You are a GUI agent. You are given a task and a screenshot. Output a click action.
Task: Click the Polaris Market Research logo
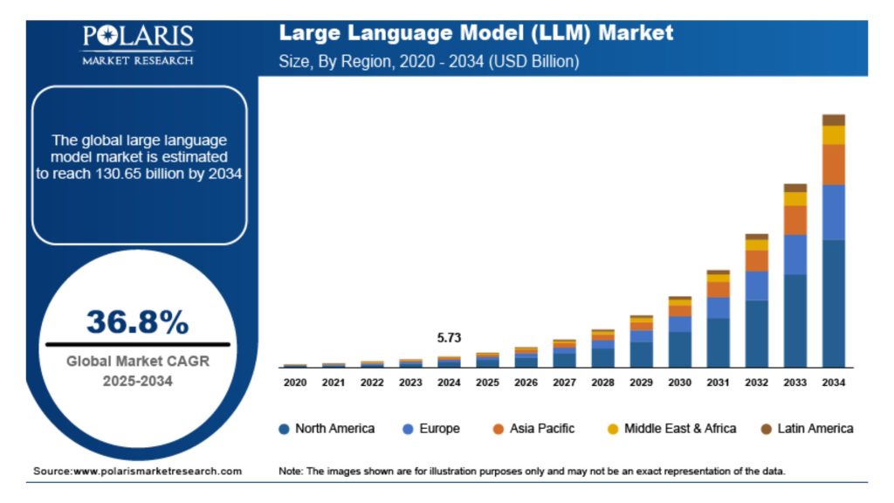[138, 45]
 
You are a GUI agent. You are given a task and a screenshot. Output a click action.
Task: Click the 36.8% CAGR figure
[137, 322]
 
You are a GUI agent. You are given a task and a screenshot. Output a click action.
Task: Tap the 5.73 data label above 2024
[449, 337]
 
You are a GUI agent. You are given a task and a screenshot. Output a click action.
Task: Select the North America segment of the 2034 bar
[834, 302]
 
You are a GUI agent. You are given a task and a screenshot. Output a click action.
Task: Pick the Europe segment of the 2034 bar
[834, 211]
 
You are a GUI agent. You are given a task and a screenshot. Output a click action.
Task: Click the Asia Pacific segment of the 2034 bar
[834, 164]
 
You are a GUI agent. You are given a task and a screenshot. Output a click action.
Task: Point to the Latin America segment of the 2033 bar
[795, 188]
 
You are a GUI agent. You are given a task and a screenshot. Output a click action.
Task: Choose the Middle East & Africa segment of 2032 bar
[757, 245]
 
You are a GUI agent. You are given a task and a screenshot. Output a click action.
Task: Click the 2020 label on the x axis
[295, 382]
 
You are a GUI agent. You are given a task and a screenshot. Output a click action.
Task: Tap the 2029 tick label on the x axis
[641, 382]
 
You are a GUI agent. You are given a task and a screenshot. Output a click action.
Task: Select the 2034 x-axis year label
[834, 382]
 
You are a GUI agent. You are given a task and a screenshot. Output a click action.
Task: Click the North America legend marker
[284, 429]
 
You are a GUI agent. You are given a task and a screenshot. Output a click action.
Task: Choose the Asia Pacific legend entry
[533, 429]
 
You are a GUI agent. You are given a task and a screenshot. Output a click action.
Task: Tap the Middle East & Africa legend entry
[671, 429]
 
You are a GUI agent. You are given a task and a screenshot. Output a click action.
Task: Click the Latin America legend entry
[806, 429]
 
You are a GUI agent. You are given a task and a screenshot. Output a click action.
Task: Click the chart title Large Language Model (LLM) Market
[476, 33]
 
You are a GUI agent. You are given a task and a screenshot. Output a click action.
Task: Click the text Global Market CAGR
[138, 361]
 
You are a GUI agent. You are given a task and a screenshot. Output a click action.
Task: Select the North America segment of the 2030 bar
[680, 349]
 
